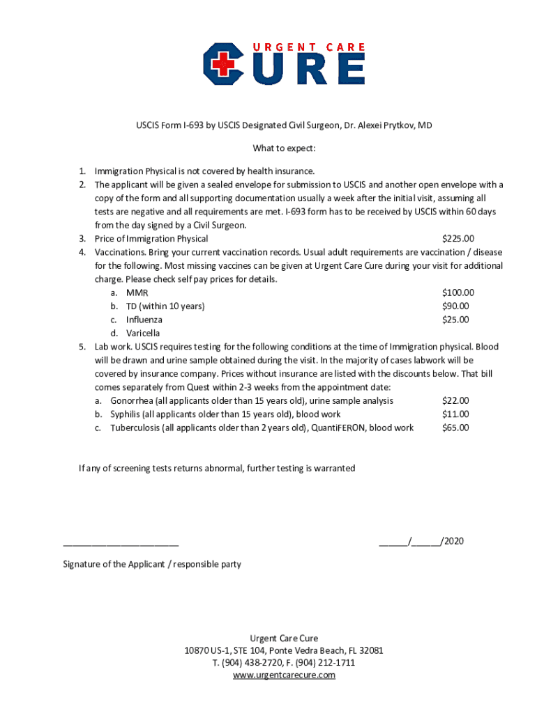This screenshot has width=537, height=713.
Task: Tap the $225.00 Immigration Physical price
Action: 458,239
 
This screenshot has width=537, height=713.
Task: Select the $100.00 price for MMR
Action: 458,293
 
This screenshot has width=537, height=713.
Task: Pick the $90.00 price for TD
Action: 455,306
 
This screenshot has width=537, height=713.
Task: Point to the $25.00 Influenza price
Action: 455,320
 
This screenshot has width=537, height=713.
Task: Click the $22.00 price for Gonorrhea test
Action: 455,400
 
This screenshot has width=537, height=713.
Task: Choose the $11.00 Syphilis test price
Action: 455,414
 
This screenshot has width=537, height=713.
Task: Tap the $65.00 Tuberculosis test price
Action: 455,428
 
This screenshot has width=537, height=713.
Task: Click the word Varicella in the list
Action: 143,334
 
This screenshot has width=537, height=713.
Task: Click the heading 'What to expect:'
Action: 284,148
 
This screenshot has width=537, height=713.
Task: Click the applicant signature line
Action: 121,544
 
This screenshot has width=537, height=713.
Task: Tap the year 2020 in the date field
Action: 453,541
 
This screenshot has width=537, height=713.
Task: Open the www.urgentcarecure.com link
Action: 284,675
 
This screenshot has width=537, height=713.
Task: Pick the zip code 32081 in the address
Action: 371,650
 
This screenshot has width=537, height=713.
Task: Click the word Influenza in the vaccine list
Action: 144,320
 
